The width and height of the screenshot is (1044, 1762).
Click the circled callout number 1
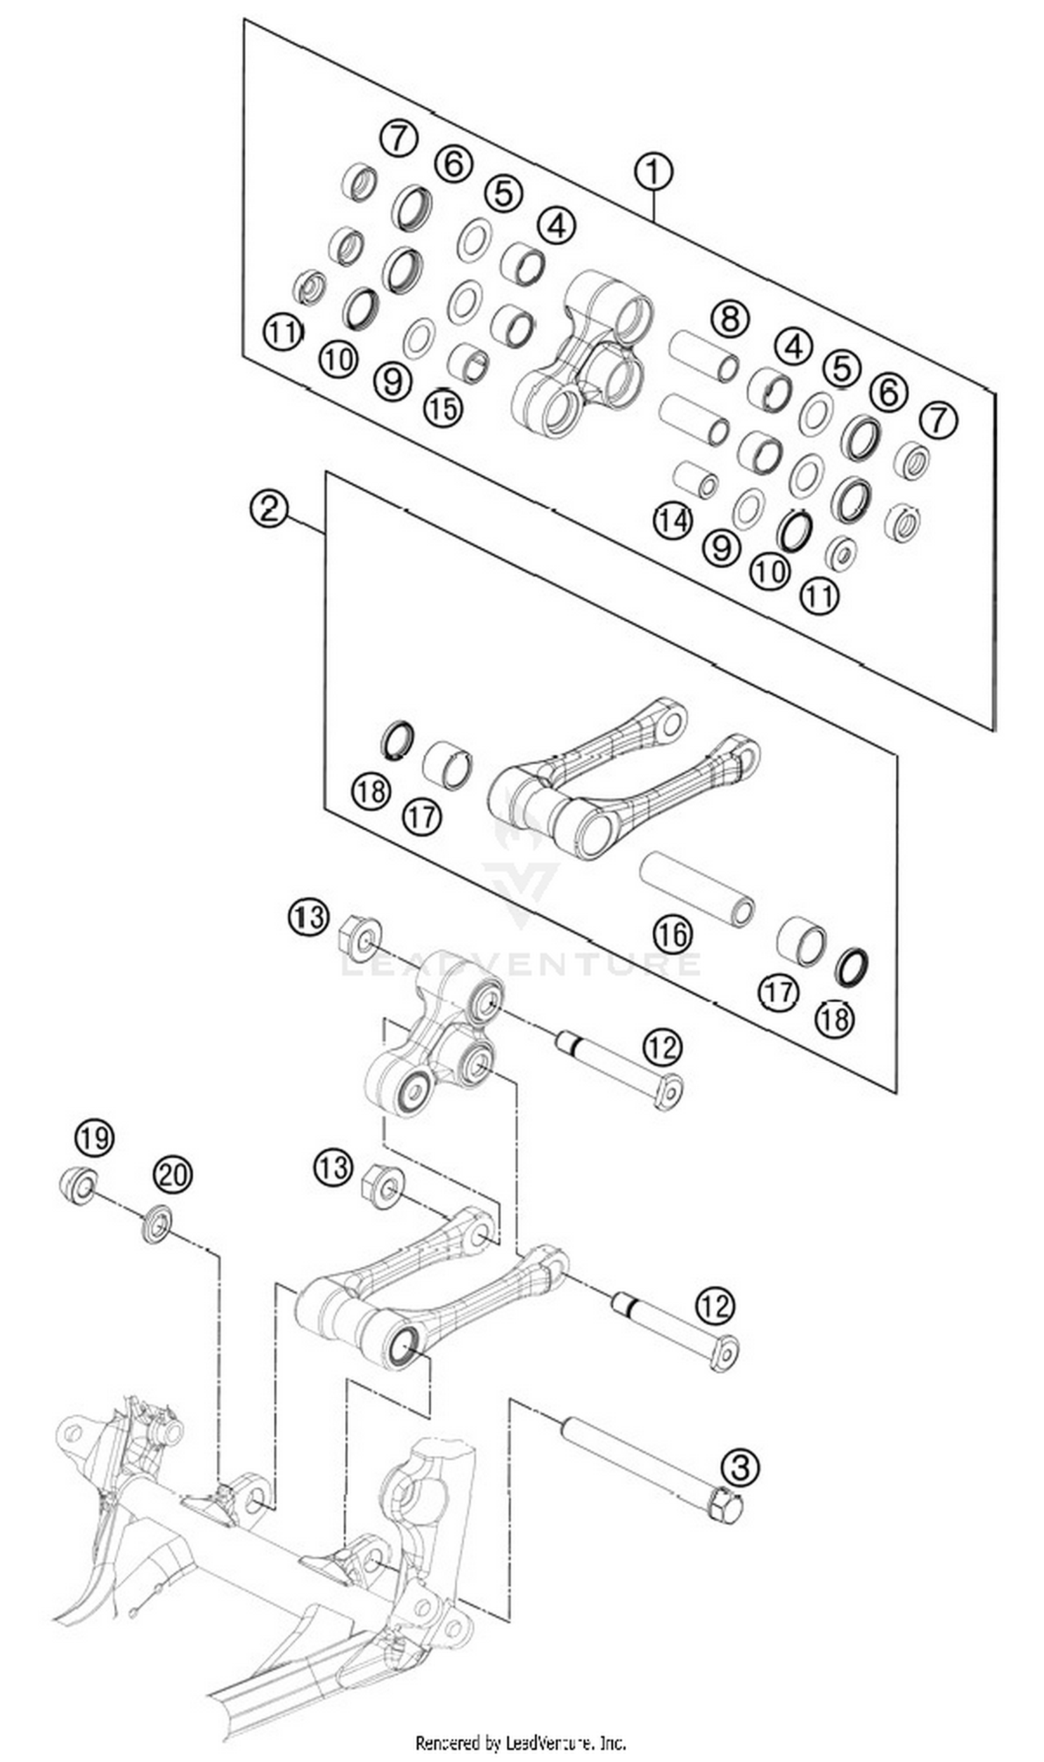click(653, 171)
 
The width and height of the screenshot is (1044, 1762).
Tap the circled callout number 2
click(269, 508)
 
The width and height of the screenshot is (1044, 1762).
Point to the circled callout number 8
click(729, 319)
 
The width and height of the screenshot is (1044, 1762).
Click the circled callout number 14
click(672, 521)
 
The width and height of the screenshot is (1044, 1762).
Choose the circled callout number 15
click(443, 407)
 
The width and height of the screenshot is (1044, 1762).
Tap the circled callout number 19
click(95, 1137)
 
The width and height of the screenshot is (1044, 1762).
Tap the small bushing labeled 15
click(468, 361)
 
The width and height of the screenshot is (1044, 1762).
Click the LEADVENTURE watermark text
click(521, 963)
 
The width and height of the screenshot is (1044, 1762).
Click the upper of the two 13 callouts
click(308, 918)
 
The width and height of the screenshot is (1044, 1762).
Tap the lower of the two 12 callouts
click(715, 1306)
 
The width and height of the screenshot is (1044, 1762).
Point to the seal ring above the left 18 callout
click(397, 739)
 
